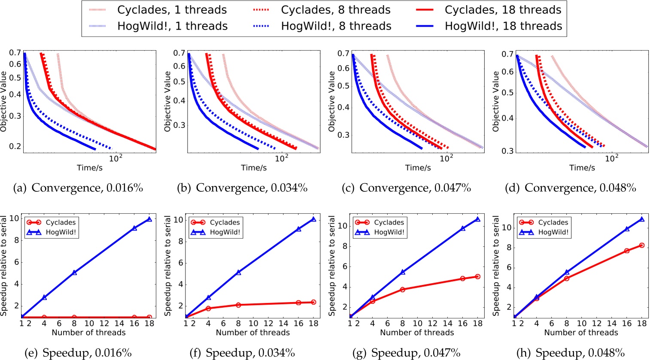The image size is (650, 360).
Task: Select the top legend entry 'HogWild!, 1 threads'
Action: pyautogui.click(x=172, y=26)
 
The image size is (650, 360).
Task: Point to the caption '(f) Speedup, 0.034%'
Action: pyautogui.click(x=243, y=353)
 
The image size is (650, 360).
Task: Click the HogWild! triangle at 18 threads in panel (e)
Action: pyautogui.click(x=149, y=219)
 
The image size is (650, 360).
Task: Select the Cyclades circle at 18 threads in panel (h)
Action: pyautogui.click(x=642, y=245)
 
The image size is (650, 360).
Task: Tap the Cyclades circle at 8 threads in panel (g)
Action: pyautogui.click(x=403, y=290)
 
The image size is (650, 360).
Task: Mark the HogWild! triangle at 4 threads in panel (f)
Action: pyautogui.click(x=209, y=297)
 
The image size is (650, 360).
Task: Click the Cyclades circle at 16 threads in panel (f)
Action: pyautogui.click(x=298, y=303)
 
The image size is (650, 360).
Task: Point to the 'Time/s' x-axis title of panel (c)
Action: pyautogui.click(x=418, y=168)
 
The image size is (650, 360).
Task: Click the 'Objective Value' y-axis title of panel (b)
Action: pyautogui.click(x=167, y=102)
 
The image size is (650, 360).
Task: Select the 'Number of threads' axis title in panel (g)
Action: pyautogui.click(x=417, y=333)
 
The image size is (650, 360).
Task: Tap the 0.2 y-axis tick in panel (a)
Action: pyautogui.click(x=15, y=147)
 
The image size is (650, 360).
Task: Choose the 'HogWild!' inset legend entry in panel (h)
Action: pyautogui.click(x=553, y=232)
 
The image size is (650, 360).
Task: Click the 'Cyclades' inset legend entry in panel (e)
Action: pyautogui.click(x=61, y=222)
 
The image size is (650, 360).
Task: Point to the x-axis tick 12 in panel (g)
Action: pyautogui.click(x=433, y=324)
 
